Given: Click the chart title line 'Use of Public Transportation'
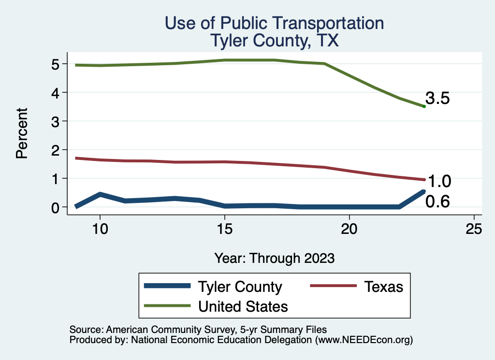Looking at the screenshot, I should pyautogui.click(x=274, y=23).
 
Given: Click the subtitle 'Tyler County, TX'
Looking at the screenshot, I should pyautogui.click(x=274, y=41).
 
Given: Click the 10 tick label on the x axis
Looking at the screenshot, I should pyautogui.click(x=99, y=229).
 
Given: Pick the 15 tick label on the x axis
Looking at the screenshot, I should pyautogui.click(x=224, y=229).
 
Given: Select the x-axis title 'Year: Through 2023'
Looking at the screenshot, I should pyautogui.click(x=274, y=258).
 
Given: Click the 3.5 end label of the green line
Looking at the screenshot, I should pyautogui.click(x=438, y=99).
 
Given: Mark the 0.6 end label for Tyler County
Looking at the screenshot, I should pyautogui.click(x=437, y=202).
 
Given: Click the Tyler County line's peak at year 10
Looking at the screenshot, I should pyautogui.click(x=100, y=194).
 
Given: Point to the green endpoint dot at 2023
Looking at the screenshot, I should pyautogui.click(x=424, y=106).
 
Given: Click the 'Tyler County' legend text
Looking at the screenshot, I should pyautogui.click(x=240, y=287).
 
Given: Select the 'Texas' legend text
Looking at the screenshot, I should pyautogui.click(x=383, y=287).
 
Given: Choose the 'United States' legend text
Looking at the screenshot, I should pyautogui.click(x=243, y=306).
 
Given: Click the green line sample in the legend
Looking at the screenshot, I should pyautogui.click(x=166, y=306).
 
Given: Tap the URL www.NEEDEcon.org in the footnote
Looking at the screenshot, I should pyautogui.click(x=364, y=340).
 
